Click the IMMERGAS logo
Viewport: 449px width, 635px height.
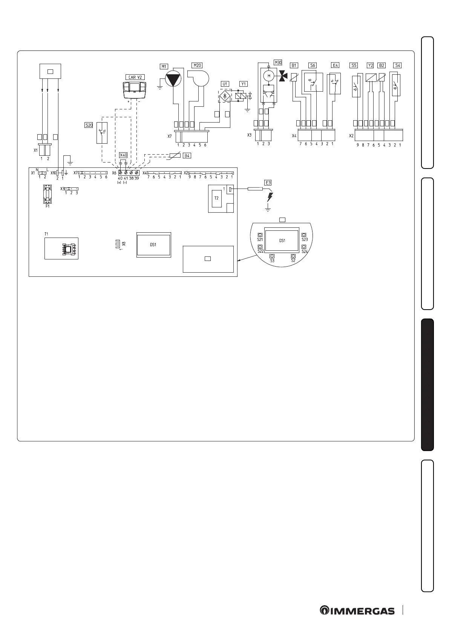(x=357, y=610)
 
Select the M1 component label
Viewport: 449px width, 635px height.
(x=164, y=66)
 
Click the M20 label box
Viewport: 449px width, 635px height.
(x=197, y=65)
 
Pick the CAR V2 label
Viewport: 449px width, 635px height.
(x=135, y=77)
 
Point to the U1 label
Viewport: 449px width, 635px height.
(x=225, y=84)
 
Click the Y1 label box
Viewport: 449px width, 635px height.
(x=244, y=84)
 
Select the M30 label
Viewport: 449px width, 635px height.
(x=278, y=63)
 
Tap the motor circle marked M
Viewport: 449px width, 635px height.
(x=269, y=76)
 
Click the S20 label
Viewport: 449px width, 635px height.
(x=89, y=125)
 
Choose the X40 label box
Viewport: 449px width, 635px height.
(x=123, y=155)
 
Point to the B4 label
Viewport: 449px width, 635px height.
(x=187, y=155)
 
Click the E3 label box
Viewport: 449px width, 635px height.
(x=268, y=183)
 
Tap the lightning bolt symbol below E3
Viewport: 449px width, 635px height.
(x=270, y=197)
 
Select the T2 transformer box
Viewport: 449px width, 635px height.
(x=216, y=198)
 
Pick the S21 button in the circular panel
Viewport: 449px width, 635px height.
(x=260, y=235)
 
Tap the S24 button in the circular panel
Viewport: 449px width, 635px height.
(x=304, y=247)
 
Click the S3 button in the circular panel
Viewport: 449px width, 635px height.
(x=272, y=256)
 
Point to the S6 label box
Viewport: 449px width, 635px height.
(x=313, y=65)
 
